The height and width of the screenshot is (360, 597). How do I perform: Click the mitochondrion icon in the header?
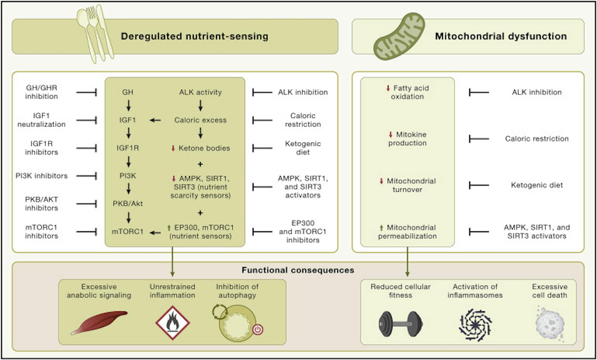[399, 37]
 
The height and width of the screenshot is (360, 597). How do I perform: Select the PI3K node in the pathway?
[128, 176]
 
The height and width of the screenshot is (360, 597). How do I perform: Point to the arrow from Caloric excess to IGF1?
[155, 120]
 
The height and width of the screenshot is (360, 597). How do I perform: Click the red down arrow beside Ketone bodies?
[173, 148]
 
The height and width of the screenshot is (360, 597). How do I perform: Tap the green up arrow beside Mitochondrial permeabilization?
[382, 228]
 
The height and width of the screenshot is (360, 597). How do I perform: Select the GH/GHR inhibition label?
[41, 92]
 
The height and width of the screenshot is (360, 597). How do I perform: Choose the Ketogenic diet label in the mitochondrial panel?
[537, 185]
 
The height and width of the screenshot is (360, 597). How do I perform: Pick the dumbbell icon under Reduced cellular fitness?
[400, 324]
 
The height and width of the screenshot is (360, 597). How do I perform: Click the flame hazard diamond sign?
[173, 323]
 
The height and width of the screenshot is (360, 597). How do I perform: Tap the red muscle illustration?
[99, 322]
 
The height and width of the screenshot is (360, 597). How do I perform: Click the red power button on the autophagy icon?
[258, 329]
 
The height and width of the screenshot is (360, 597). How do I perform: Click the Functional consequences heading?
[298, 270]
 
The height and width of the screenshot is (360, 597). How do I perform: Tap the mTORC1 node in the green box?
[128, 232]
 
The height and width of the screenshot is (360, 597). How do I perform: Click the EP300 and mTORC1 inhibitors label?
[303, 232]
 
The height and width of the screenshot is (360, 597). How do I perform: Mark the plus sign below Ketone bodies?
[200, 164]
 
